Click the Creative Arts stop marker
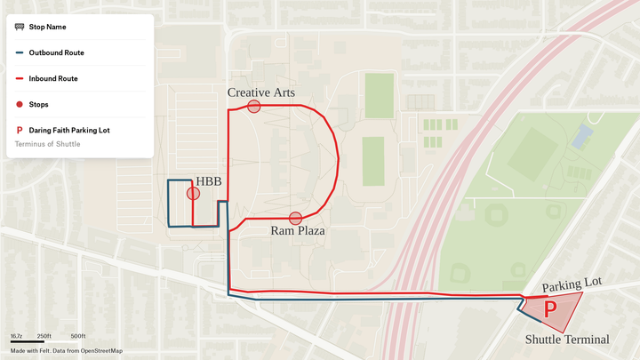254,107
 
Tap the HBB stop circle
193,193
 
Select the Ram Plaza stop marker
296,218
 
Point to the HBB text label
209,181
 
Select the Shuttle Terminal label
567,340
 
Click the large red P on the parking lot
550,309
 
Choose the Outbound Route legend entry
56,52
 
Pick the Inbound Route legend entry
53,78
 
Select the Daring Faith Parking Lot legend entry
68,130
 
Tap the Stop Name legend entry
47,27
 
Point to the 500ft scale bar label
77,336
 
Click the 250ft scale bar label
44,336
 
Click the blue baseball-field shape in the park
582,136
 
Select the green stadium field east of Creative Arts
380,95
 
